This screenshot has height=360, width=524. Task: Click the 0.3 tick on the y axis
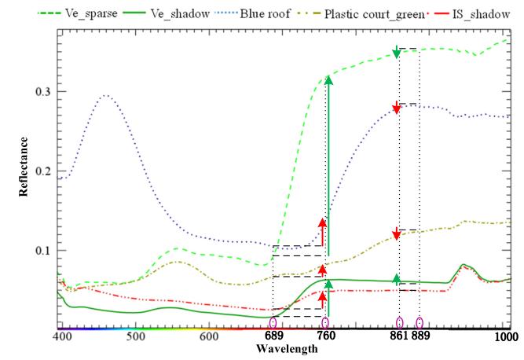point(41,92)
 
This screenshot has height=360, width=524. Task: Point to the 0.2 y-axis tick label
point(41,171)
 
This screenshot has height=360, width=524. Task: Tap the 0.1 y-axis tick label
point(41,251)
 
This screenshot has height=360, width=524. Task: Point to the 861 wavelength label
point(399,337)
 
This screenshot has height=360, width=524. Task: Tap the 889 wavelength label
point(422,337)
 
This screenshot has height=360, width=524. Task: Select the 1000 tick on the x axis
point(506,336)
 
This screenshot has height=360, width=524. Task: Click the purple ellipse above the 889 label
point(420,322)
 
